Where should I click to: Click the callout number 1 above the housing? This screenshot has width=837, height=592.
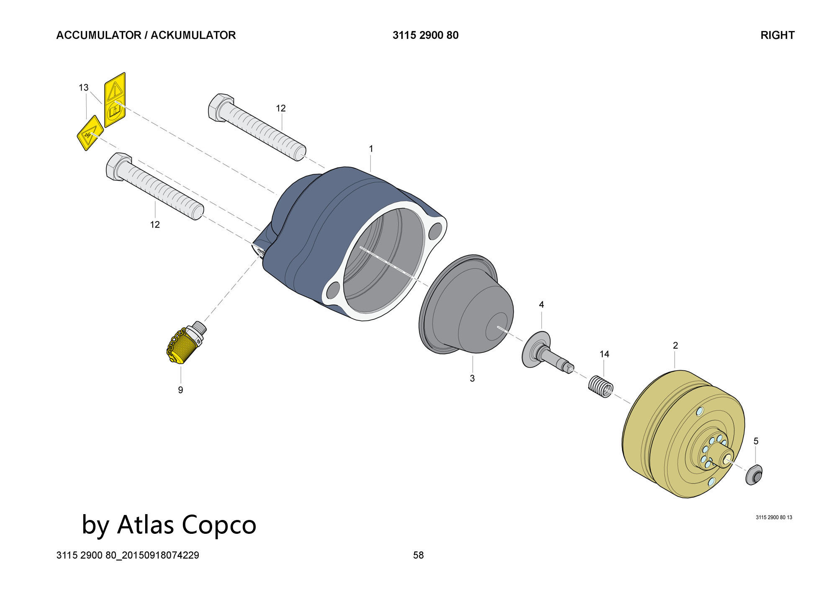coord(371,149)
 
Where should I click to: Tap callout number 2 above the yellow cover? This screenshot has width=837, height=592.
coord(675,345)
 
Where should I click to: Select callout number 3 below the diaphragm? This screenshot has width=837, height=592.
coord(472,378)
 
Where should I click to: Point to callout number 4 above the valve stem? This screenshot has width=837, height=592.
coord(541,305)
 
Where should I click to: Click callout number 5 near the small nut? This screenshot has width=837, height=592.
coord(755,441)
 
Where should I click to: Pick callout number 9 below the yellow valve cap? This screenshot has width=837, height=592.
coord(180,390)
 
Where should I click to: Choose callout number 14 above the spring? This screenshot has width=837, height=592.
coord(604,354)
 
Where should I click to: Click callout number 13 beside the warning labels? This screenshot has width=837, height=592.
coord(84,88)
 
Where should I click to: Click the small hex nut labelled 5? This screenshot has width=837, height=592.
coord(754,475)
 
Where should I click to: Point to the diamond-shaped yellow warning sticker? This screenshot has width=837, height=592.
coord(90,133)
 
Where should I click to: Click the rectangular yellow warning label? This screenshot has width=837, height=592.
coord(115,100)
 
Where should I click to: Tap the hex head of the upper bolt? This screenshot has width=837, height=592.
coord(220,108)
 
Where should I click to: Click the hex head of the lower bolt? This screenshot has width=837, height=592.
coord(118,167)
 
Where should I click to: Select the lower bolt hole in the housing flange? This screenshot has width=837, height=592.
coord(334,289)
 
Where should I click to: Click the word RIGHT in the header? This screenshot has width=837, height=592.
coord(777,35)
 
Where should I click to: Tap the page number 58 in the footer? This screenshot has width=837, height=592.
coord(418,555)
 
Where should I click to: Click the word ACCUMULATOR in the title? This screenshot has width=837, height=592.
coord(98,35)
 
